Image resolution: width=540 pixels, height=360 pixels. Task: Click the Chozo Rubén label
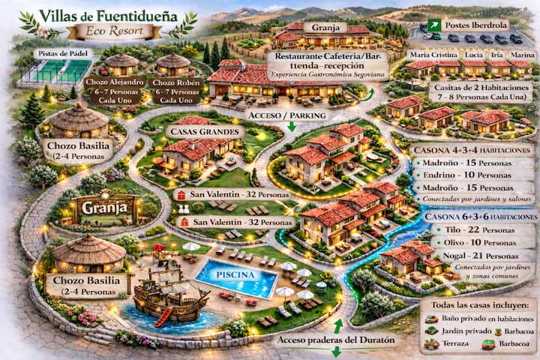point(175,90)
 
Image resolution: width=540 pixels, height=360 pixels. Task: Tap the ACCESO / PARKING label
point(289,115)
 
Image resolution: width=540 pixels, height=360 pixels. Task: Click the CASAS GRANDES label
point(205,132)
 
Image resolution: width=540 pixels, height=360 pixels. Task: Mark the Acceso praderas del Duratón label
point(334,340)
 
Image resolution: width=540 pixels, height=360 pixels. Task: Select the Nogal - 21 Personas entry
point(463,256)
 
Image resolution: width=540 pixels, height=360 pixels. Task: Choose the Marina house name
point(521,55)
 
